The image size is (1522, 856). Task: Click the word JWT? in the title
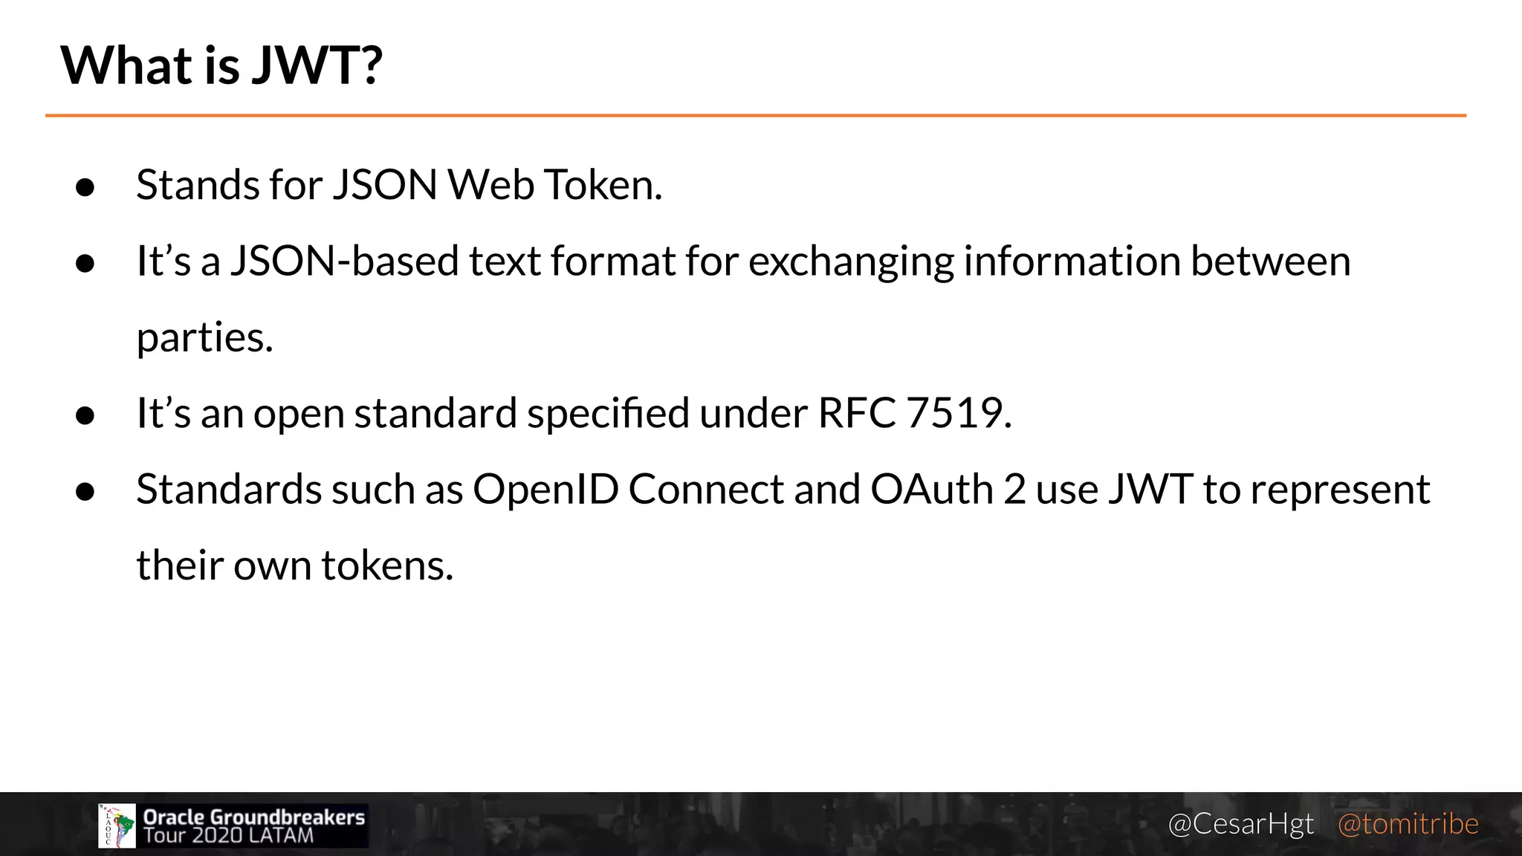pyautogui.click(x=317, y=65)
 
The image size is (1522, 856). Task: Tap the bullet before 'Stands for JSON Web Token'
pyautogui.click(x=85, y=187)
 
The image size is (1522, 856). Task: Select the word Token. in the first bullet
pyautogui.click(x=603, y=185)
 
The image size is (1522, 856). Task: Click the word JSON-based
pyautogui.click(x=344, y=262)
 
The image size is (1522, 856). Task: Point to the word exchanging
pyautogui.click(x=851, y=263)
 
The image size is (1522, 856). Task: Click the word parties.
pyautogui.click(x=205, y=339)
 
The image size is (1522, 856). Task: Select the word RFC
pyautogui.click(x=857, y=413)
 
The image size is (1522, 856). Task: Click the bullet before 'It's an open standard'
pyautogui.click(x=85, y=416)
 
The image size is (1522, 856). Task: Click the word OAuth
pyautogui.click(x=932, y=490)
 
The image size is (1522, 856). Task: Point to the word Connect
pyautogui.click(x=706, y=490)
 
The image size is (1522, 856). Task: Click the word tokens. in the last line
pyautogui.click(x=387, y=565)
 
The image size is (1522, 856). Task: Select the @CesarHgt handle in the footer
pyautogui.click(x=1240, y=824)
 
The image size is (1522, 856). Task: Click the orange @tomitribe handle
pyautogui.click(x=1408, y=824)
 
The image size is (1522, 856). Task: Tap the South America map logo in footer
pyautogui.click(x=117, y=826)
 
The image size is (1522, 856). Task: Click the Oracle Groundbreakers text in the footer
pyautogui.click(x=253, y=817)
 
